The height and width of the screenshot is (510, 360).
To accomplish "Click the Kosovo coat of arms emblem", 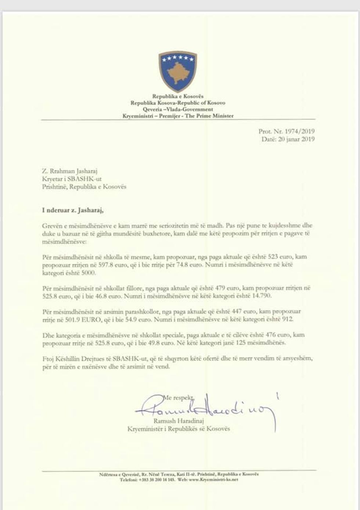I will coord(178,71).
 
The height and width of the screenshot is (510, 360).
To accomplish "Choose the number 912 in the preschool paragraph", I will coord(287,320).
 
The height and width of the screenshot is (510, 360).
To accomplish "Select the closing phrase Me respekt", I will coord(179,397).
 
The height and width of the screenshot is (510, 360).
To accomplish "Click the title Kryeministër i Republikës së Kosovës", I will coord(179,428).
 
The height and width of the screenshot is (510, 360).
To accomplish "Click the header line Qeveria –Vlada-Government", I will coord(178,109).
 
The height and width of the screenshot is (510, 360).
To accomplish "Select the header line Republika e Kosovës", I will coord(178,96).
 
